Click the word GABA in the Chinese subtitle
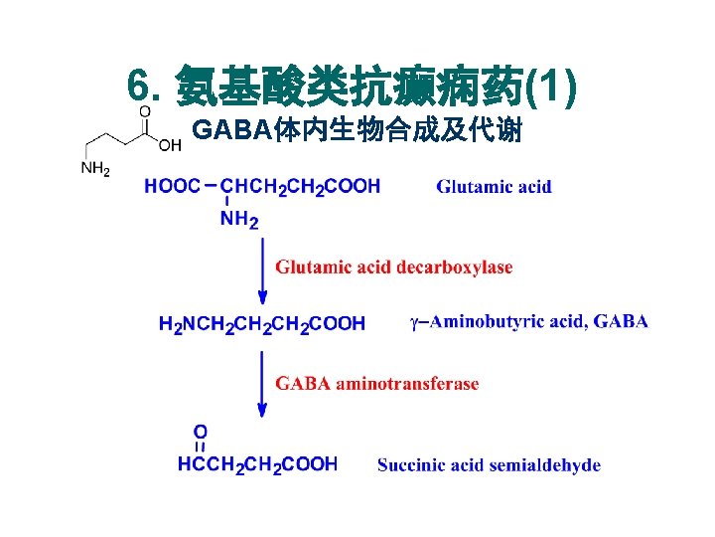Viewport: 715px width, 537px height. [224, 130]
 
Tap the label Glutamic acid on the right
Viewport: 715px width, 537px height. [494, 187]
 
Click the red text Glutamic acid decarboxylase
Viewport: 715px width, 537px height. [394, 267]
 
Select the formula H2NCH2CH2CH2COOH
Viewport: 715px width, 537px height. [262, 324]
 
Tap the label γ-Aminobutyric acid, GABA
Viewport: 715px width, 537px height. [528, 321]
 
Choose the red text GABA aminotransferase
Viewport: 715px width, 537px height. [376, 383]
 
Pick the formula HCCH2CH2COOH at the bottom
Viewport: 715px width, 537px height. [257, 464]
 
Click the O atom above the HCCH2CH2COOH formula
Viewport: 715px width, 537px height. [200, 432]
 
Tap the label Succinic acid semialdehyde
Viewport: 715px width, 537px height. [489, 465]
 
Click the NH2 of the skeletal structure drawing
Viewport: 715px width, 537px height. [95, 169]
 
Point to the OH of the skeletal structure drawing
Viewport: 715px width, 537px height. [170, 146]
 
